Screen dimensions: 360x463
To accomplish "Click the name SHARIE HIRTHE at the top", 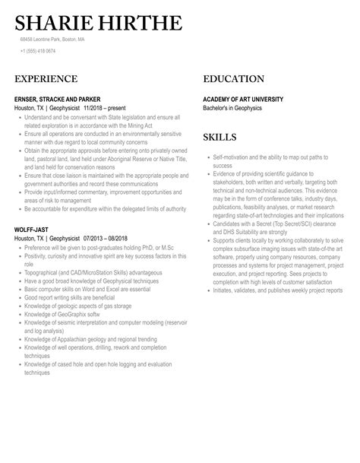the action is point(98,24).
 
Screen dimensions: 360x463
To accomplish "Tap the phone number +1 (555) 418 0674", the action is point(37,51).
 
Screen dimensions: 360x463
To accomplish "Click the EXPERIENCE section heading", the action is point(46,79).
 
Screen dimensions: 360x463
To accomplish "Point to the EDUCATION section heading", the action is point(234,79).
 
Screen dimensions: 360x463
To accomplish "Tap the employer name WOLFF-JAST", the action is point(33,229).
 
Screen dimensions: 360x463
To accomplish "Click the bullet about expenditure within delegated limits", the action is point(102,209).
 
